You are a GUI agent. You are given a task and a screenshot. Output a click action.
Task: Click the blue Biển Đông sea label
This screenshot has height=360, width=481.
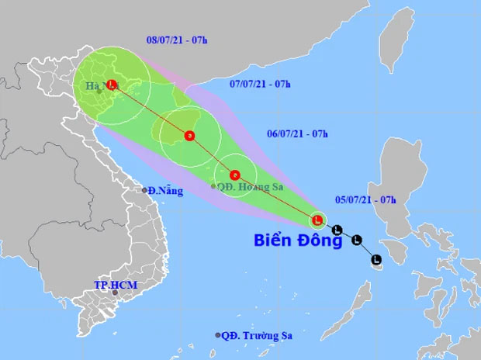pos(299,241)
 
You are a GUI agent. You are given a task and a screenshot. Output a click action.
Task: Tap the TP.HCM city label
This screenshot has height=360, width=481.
pos(116,285)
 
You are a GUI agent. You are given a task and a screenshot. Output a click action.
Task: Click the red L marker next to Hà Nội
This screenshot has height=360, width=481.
pos(112,85)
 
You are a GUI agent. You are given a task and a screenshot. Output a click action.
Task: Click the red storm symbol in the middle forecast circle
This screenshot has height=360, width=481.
pos(189,137)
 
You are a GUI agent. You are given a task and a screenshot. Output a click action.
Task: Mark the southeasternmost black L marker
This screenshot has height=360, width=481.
pos(376,258)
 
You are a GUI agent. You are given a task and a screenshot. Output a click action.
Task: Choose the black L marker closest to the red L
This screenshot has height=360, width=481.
pos(337,230)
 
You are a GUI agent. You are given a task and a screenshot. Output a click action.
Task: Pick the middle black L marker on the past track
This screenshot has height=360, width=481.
pos(356,241)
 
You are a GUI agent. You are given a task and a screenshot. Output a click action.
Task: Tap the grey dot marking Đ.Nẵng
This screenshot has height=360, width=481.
pos(144,190)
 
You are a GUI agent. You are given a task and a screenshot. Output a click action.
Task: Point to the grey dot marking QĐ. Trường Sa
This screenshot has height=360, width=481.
pos(218,335)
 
